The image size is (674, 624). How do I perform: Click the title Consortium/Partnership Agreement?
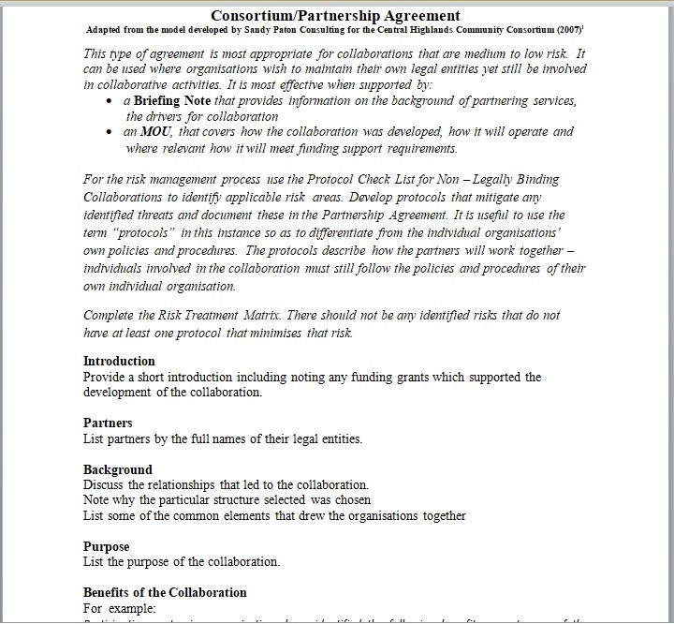[x=335, y=15]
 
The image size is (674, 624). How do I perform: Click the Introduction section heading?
[x=119, y=361]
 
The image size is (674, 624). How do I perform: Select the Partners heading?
[x=108, y=423]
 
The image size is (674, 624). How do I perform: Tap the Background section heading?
[x=117, y=469]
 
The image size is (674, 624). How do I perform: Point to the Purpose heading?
[x=106, y=546]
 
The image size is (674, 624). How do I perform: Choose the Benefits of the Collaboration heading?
[x=165, y=592]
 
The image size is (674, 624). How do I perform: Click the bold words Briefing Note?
[x=172, y=100]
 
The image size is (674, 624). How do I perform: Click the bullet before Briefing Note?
[x=111, y=101]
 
